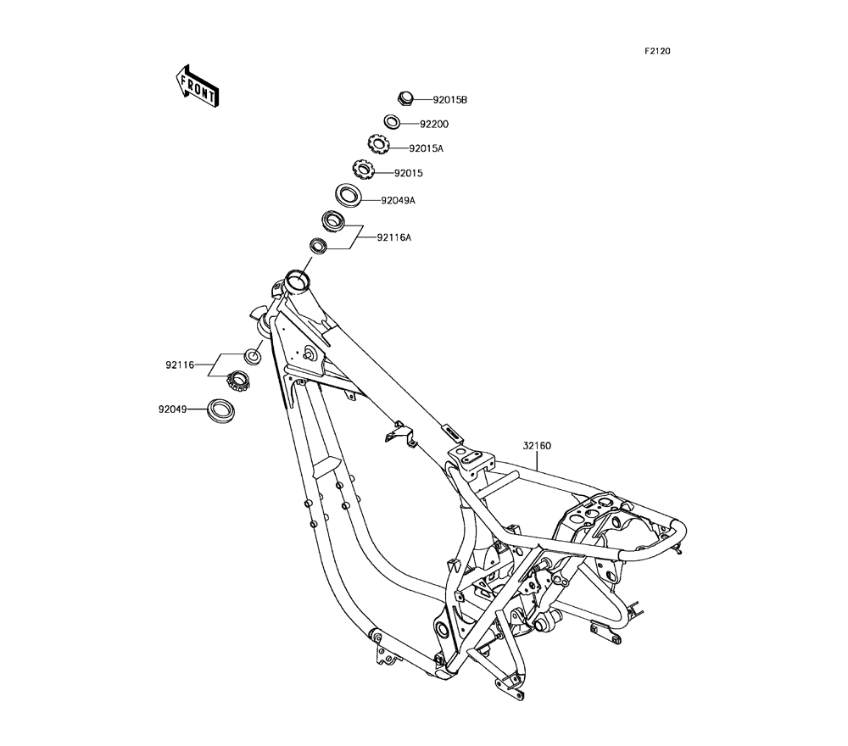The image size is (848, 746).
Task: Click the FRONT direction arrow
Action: (197, 86)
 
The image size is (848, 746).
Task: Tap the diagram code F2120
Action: (657, 52)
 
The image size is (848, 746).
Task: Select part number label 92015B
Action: (450, 100)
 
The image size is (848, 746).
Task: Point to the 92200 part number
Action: (434, 125)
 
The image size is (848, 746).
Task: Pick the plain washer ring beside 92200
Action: (393, 122)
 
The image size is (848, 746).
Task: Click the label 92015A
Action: (427, 148)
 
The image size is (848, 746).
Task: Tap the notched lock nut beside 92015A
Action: (378, 144)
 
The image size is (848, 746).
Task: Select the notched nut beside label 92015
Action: (364, 170)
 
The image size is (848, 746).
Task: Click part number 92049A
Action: (398, 201)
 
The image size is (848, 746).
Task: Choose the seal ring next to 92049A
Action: (349, 195)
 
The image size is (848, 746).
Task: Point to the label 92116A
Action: (394, 237)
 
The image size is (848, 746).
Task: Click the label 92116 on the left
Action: (180, 365)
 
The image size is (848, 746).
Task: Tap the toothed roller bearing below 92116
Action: (237, 381)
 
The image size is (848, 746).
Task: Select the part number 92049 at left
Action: (172, 409)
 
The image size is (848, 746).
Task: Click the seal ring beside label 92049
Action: (221, 411)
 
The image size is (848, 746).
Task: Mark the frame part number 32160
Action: (537, 446)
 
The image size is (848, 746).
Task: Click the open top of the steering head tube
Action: (297, 280)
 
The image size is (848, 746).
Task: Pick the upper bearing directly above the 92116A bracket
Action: (333, 220)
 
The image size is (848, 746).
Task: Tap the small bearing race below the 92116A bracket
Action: (318, 245)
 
